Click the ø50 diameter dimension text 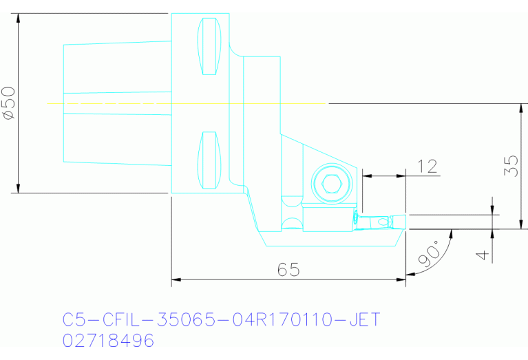pos(9,103)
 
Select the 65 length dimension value pos(288,270)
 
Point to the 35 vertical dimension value pos(510,166)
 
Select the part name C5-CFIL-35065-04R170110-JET pos(221,320)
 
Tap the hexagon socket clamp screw pos(332,183)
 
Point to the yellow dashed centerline pos(186,103)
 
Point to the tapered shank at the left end pos(117,103)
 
